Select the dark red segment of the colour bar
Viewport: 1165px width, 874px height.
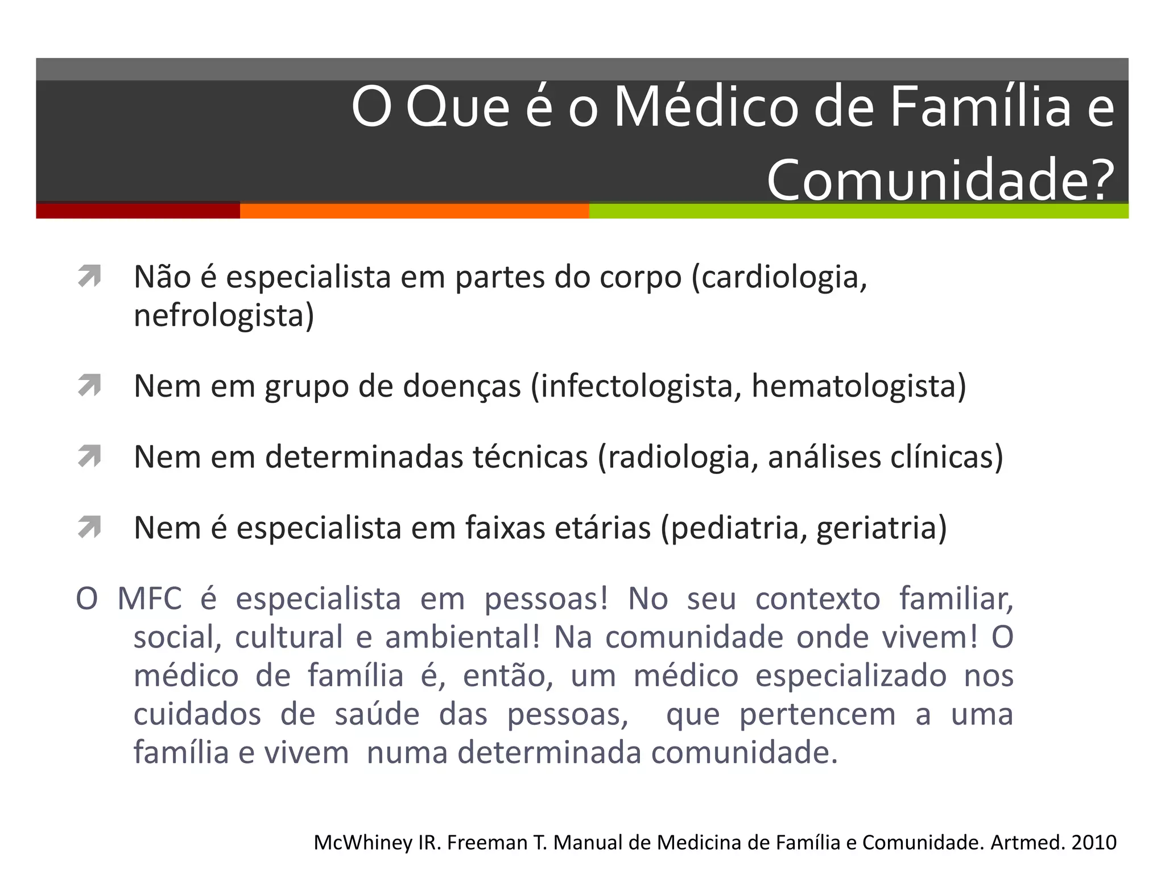(138, 211)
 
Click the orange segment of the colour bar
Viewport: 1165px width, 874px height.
(414, 211)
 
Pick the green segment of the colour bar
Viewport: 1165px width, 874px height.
(858, 211)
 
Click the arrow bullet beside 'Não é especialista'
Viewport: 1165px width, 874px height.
(90, 277)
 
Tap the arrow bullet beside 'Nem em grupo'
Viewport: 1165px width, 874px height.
(90, 386)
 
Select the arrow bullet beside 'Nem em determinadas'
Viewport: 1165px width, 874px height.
(90, 456)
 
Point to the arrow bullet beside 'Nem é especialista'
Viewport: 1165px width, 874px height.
(90, 527)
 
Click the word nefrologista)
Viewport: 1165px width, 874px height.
(224, 316)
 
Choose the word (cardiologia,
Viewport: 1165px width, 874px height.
(779, 278)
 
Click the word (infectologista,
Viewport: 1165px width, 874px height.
(636, 386)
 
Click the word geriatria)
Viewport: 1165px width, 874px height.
(882, 528)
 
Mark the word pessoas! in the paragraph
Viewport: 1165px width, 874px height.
(546, 599)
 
